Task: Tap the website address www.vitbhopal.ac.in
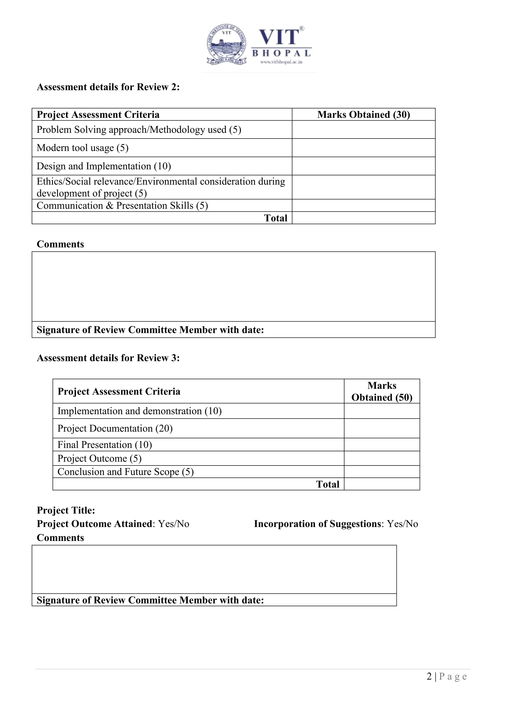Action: (281, 62)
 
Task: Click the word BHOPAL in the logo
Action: (281, 53)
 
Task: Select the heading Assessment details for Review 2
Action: (108, 87)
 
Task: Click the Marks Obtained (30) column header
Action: (363, 114)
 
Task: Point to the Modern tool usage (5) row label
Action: (82, 148)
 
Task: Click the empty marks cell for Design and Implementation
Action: (363, 166)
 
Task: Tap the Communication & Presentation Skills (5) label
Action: (122, 205)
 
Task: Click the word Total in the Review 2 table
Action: (275, 218)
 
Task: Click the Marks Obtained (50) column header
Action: (382, 391)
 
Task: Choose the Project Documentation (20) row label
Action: (115, 428)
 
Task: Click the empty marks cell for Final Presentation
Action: (382, 444)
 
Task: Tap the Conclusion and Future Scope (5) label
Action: (125, 472)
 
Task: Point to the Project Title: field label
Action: (66, 510)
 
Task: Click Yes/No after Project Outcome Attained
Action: (174, 524)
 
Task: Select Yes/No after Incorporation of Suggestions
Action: (402, 524)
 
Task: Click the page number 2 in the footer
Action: (429, 677)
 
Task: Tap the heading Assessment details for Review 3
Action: (108, 358)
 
